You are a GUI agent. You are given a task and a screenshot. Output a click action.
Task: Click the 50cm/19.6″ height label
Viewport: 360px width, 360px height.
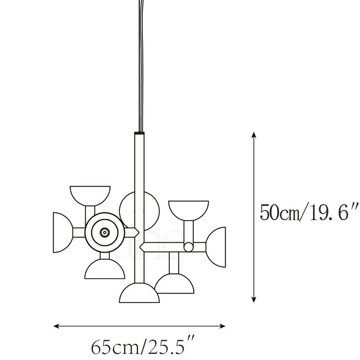pyautogui.click(x=309, y=212)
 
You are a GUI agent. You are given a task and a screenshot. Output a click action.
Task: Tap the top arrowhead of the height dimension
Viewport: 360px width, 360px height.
pyautogui.click(x=253, y=135)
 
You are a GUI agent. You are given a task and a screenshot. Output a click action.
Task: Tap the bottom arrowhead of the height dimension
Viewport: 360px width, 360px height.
pyautogui.click(x=253, y=299)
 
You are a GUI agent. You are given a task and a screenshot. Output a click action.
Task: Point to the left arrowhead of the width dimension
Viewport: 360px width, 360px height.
pyautogui.click(x=56, y=326)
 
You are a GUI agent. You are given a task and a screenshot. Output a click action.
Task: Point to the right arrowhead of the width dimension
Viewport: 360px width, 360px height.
pyautogui.click(x=223, y=326)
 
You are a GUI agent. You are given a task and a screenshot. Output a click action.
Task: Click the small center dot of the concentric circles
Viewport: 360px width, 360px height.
pyautogui.click(x=104, y=233)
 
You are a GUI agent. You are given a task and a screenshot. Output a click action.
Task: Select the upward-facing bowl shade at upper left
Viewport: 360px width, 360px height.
pyautogui.click(x=90, y=195)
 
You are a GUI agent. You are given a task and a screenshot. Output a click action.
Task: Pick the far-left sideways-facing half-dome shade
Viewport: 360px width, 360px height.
pyautogui.click(x=62, y=232)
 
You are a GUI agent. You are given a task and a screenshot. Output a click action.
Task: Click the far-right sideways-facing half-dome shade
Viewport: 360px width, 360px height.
pyautogui.click(x=216, y=247)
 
